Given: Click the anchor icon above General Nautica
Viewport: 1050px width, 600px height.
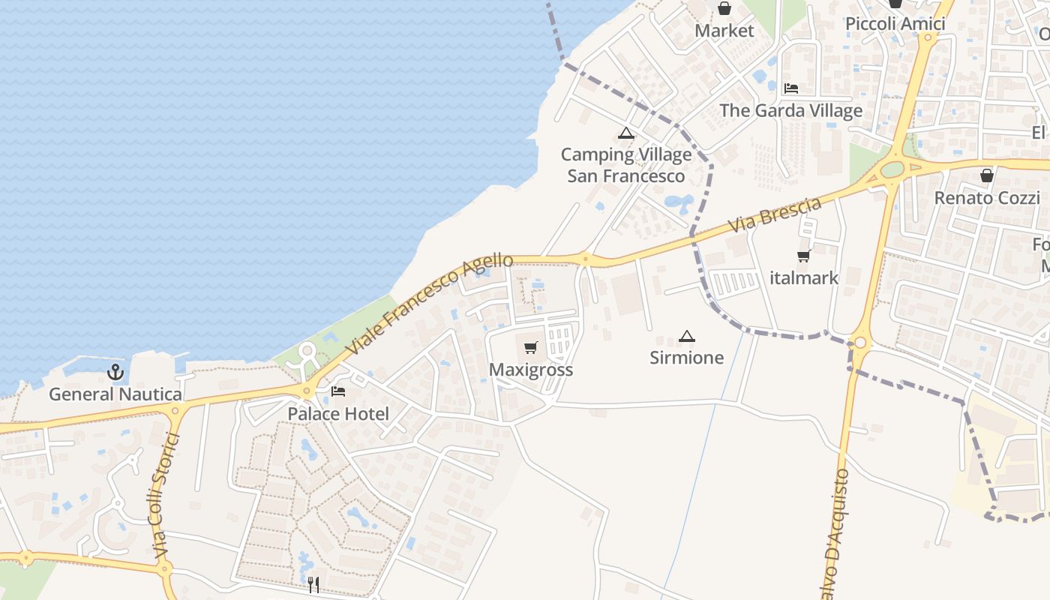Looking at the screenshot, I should pyautogui.click(x=115, y=371).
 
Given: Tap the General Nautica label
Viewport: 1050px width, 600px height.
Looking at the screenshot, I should pyautogui.click(x=115, y=394).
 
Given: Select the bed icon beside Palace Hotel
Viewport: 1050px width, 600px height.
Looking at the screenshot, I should pyautogui.click(x=338, y=391).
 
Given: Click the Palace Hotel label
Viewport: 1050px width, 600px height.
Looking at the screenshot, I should pyautogui.click(x=338, y=414).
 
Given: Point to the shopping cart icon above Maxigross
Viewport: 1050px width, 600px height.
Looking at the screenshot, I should pyautogui.click(x=531, y=347).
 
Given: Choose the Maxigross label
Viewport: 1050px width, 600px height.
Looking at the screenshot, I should pyautogui.click(x=531, y=370).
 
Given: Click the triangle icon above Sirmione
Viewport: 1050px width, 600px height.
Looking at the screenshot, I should pyautogui.click(x=686, y=336).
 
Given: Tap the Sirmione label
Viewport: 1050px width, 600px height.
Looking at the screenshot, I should pyautogui.click(x=686, y=358).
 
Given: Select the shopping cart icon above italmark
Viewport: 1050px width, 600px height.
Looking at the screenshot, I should pyautogui.click(x=804, y=256).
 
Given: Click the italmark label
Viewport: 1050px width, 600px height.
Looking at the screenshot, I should pyautogui.click(x=804, y=278).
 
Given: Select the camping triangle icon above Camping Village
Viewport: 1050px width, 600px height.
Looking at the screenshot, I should pyautogui.click(x=625, y=134).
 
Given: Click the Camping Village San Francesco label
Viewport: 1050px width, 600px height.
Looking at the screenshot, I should pyautogui.click(x=626, y=165).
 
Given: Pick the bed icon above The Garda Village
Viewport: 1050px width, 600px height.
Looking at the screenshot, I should pyautogui.click(x=790, y=88).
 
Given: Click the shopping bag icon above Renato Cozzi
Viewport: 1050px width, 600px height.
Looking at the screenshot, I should pyautogui.click(x=986, y=175).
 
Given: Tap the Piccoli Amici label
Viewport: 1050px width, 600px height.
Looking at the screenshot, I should pyautogui.click(x=895, y=24).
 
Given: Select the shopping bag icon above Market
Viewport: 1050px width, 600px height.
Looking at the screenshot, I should pyautogui.click(x=724, y=9).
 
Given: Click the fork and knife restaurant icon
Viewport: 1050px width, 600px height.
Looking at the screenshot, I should pyautogui.click(x=313, y=584).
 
